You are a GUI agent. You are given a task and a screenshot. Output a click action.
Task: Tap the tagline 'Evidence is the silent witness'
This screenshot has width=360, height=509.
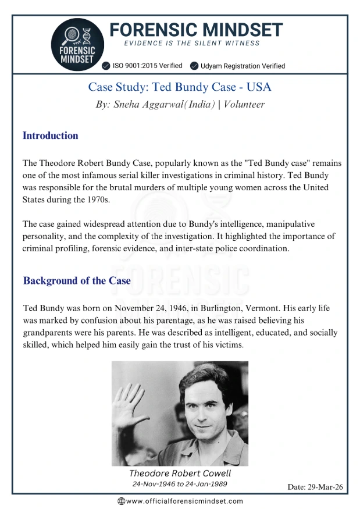[192, 43]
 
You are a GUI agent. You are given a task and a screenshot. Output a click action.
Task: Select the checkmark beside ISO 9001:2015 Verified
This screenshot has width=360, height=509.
[106, 66]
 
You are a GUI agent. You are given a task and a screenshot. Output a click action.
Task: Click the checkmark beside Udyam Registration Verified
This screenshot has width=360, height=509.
[194, 66]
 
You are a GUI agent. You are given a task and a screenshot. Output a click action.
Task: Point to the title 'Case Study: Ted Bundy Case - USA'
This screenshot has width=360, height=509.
[180, 87]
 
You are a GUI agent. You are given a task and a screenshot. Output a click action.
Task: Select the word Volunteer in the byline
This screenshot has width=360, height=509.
[244, 105]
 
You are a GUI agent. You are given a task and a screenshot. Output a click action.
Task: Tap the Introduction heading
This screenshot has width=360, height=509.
[50, 136]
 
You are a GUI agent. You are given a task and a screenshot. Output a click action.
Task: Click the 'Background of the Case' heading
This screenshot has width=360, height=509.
[77, 280]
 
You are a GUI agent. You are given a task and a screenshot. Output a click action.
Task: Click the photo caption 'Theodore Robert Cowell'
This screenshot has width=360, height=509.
[180, 473]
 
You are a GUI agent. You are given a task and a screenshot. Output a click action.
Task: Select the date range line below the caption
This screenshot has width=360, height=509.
[180, 484]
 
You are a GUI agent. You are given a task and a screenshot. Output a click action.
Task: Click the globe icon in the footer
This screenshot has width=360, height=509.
[121, 501]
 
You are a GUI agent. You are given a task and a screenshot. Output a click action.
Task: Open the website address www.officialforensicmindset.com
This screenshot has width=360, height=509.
[184, 501]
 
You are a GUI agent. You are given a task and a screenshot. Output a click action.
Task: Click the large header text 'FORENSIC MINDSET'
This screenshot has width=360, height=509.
[195, 29]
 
